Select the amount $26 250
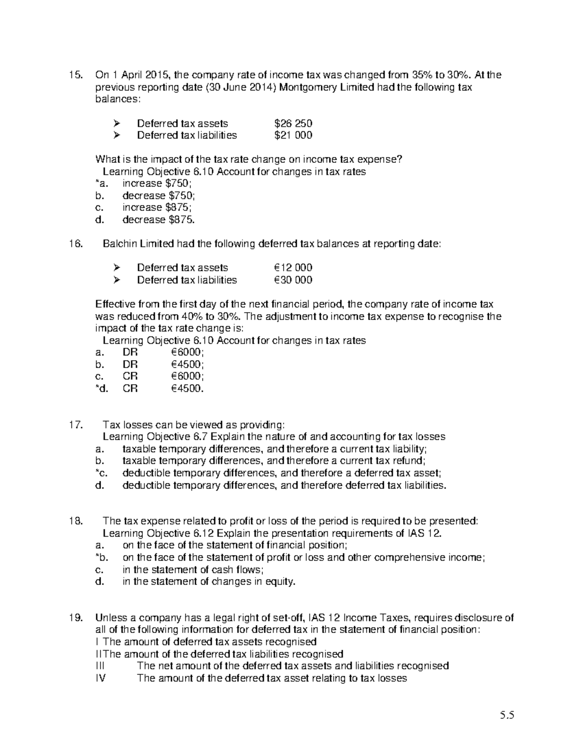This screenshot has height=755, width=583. coord(293,123)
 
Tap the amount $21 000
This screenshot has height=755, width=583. coord(293,135)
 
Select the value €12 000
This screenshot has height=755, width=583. coord(293,268)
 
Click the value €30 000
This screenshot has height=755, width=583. coord(293,280)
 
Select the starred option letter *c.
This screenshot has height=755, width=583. coord(100,473)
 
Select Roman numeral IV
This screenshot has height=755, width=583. coord(101,678)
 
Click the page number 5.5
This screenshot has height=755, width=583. coord(507,715)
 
